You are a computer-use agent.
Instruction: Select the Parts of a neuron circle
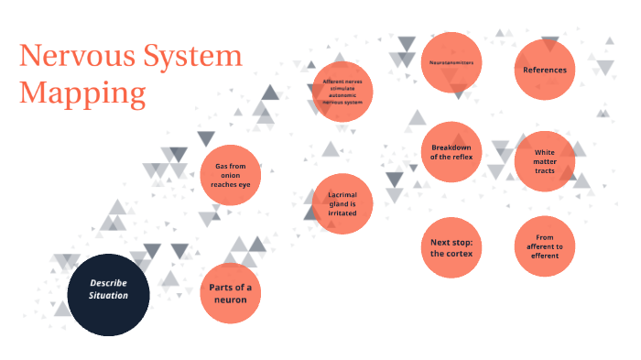pos(230,294)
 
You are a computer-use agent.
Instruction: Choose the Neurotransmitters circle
pos(451,63)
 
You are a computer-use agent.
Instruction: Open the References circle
pos(545,70)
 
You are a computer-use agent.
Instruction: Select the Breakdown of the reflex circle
pos(451,151)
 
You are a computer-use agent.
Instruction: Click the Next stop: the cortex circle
pos(451,247)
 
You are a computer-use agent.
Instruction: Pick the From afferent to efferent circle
pos(545,246)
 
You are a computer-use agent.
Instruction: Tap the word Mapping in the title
pos(82,93)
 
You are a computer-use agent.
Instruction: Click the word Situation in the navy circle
pos(109,296)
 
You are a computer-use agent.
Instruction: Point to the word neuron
pos(231,300)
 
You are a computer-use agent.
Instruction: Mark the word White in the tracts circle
pos(545,152)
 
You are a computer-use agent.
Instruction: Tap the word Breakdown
pos(451,147)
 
